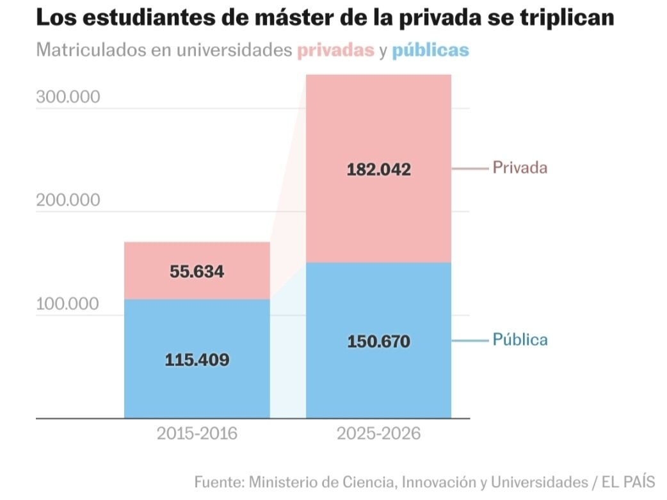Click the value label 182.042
(x=378, y=170)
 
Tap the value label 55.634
(x=197, y=271)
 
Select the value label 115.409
(x=197, y=360)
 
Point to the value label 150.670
(x=378, y=342)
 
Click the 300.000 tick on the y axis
(x=68, y=97)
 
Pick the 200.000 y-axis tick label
(x=68, y=200)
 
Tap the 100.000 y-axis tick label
(x=68, y=304)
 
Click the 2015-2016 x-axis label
(x=197, y=433)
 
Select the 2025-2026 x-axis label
(x=378, y=433)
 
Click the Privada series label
(x=520, y=168)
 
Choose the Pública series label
(x=520, y=339)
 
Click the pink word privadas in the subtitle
(x=335, y=51)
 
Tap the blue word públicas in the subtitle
(x=430, y=51)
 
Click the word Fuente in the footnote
(x=218, y=481)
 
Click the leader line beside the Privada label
(x=470, y=169)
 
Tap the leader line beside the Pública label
(x=470, y=341)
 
